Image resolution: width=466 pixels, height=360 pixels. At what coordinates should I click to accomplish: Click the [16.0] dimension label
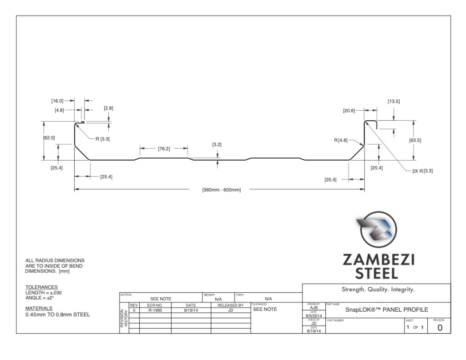[57, 101]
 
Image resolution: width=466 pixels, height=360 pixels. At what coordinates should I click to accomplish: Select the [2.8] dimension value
[108, 108]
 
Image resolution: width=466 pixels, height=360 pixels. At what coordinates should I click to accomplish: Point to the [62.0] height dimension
[49, 137]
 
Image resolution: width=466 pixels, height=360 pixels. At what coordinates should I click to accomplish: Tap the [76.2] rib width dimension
[164, 148]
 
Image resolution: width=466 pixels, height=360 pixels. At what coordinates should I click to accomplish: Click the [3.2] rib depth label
[217, 145]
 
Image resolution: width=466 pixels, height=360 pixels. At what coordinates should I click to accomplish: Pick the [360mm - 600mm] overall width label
[221, 189]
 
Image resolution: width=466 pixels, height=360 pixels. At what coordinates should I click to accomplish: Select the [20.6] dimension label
[349, 110]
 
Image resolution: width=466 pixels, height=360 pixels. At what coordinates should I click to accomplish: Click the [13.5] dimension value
[394, 101]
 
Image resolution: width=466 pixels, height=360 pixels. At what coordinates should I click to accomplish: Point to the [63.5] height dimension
[415, 140]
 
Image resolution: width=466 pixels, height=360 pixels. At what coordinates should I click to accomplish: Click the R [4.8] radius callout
[341, 140]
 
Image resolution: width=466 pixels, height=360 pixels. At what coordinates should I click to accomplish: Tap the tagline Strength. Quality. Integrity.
[378, 289]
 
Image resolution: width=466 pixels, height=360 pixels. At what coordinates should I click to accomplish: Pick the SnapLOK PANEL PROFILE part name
[387, 310]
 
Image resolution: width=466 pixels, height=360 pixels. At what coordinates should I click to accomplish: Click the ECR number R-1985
[155, 310]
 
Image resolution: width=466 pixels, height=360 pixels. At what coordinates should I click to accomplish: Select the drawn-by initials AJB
[314, 308]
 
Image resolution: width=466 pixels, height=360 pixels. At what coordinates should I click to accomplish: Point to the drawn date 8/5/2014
[314, 315]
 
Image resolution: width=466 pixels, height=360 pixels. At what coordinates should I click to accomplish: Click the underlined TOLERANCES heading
[41, 287]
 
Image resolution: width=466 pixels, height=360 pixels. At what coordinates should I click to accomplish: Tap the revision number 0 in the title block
[440, 327]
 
